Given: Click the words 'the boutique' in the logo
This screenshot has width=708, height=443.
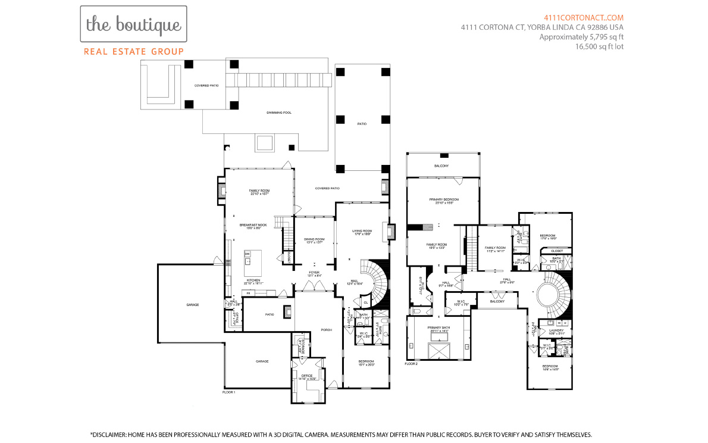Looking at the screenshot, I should pos(133,24).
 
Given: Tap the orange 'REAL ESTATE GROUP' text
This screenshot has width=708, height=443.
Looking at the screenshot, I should pos(134,52).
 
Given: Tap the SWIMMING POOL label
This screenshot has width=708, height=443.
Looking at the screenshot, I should pos(278,112).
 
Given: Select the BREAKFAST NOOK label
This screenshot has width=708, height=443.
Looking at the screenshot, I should pos(253,225).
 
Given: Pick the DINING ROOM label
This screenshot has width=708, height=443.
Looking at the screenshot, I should pos(314,239).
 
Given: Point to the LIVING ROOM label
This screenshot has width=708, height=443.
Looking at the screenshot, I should pos(362,231).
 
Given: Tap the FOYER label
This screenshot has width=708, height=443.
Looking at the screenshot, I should pos(315,273).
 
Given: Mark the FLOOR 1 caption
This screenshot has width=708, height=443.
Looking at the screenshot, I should pos(228,392).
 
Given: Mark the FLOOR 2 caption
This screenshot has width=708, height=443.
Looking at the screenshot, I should pos(411,363).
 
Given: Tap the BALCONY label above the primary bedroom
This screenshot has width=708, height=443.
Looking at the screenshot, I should pos(441,166).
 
